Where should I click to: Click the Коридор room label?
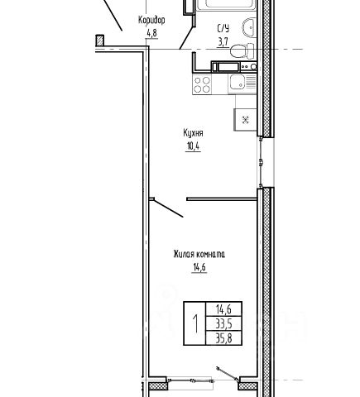click(151, 21)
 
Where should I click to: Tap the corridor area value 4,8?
click(151, 33)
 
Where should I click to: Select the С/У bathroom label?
click(223, 28)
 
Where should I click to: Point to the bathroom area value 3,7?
click(223, 42)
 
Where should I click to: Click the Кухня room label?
click(193, 133)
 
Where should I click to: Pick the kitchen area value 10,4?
click(194, 146)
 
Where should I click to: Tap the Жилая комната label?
click(199, 254)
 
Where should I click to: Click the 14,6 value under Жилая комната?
click(199, 267)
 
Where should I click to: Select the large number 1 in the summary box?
click(195, 323)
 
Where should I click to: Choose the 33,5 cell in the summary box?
click(223, 324)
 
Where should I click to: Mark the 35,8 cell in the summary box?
click(223, 338)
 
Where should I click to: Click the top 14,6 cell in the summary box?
click(223, 309)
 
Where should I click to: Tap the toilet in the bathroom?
click(242, 50)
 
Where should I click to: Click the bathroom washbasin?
click(249, 26)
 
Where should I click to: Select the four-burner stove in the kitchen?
click(202, 84)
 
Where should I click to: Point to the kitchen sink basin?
click(238, 82)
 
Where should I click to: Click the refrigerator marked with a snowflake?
click(245, 120)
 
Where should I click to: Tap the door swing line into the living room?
click(168, 208)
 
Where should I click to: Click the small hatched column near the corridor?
click(100, 41)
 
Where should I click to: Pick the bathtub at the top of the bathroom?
click(224, 5)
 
